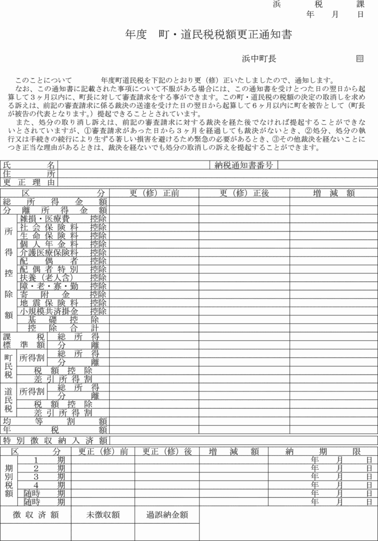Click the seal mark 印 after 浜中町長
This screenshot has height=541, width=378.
point(360,59)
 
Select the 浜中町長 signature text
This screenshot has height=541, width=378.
point(259,59)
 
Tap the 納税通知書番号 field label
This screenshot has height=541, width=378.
point(244,165)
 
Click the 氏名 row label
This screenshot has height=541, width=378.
point(29,165)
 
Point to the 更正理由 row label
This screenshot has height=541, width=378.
point(29,182)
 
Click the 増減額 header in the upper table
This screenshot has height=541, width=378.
point(333,193)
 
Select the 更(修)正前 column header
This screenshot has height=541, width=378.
point(154,193)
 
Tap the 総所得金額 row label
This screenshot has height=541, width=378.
point(55,201)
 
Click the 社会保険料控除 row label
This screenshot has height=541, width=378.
point(63,227)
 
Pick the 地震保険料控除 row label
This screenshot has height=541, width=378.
point(63,303)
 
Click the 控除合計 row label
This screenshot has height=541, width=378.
point(63,328)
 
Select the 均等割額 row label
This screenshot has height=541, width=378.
point(55,421)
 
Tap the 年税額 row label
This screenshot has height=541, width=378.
point(55,429)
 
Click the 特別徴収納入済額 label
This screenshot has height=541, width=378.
point(55,440)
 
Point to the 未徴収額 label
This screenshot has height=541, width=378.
point(103,515)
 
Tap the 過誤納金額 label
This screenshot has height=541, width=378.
point(167,515)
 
